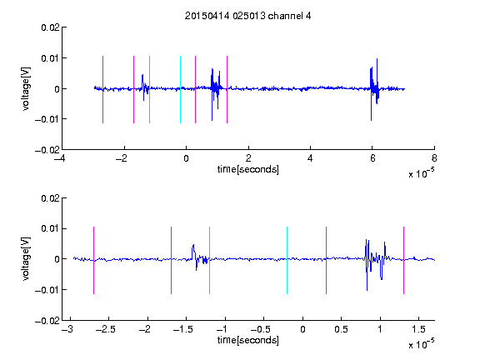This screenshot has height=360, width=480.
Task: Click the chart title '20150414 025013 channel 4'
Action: pos(247,16)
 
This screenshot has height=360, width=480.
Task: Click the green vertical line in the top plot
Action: pos(149,89)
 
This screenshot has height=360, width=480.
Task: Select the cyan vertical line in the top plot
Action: pos(180,89)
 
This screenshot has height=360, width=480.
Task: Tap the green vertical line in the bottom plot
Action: pos(209,260)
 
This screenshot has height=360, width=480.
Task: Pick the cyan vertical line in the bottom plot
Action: pos(287,260)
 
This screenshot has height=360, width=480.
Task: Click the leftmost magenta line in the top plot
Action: pos(102,89)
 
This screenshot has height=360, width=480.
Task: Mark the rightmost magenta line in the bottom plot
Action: pos(403,260)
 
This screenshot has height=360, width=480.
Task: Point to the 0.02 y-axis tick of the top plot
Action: pos(50,27)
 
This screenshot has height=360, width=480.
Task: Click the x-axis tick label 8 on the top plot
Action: pos(434,158)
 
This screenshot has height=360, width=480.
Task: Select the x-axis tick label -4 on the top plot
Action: pos(59,158)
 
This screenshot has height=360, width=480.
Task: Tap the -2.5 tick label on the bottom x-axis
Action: pos(105,329)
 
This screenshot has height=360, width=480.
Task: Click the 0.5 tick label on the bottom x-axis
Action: pos(342,329)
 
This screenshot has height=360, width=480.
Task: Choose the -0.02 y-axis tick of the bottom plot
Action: pos(47,321)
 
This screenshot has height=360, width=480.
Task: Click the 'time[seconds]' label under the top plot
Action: pos(248,169)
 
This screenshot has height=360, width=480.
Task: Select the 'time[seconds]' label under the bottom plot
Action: pos(248,340)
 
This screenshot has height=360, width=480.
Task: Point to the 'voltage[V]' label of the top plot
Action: pos(26,89)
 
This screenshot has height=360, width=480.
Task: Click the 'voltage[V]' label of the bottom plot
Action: pos(26,258)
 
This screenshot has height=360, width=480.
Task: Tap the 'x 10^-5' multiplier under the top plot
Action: pos(421,173)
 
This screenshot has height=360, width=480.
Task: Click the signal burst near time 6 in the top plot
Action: pos(374,89)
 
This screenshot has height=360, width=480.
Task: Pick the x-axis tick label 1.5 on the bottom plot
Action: pos(419,329)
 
